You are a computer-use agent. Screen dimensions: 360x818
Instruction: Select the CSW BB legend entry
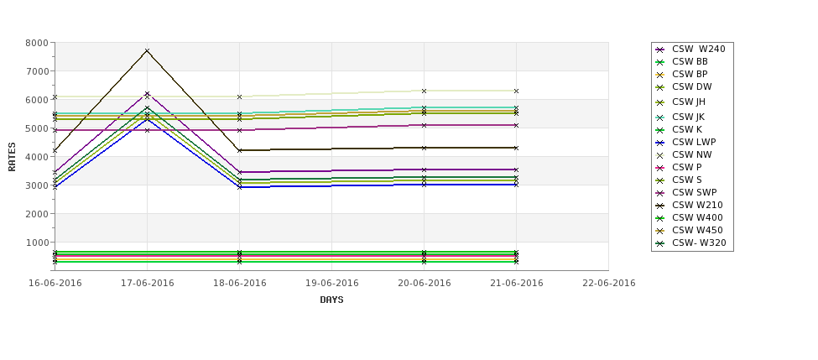(690, 61)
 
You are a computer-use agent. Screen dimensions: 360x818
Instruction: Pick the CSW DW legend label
(691, 86)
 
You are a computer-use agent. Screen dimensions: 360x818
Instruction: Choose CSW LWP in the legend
(693, 142)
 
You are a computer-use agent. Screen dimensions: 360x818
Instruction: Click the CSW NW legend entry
(691, 154)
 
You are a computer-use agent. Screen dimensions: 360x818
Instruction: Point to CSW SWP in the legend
(693, 192)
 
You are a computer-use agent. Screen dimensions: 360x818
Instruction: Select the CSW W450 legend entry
(696, 230)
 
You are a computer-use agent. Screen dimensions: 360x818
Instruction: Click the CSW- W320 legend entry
(698, 243)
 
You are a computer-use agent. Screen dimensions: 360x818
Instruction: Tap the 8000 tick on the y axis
(36, 43)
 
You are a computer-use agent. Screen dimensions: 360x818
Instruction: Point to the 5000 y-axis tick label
(36, 128)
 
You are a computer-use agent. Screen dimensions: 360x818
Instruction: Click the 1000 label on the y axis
(36, 243)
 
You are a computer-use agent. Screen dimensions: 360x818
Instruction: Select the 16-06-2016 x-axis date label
(55, 283)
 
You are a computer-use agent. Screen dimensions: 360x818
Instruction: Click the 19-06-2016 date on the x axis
(331, 283)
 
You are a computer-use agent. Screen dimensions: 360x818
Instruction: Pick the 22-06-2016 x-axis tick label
(608, 283)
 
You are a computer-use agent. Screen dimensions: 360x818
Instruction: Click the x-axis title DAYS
(331, 300)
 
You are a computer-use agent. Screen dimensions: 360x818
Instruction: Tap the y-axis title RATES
(12, 156)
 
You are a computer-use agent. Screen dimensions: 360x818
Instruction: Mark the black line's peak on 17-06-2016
(147, 50)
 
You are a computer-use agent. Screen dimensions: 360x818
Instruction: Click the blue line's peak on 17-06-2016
(147, 118)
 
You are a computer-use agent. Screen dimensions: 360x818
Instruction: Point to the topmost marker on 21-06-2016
(516, 91)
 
